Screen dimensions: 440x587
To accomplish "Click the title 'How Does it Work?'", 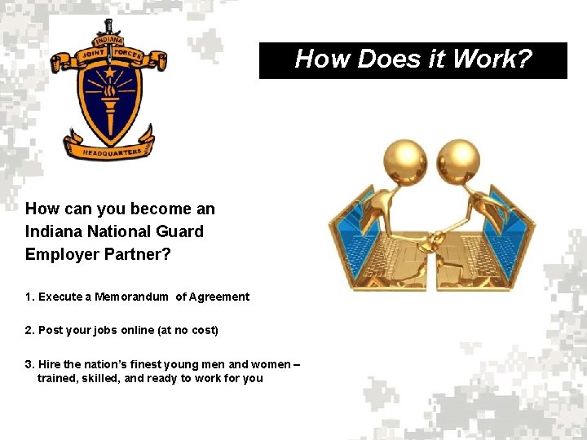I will click(413, 59).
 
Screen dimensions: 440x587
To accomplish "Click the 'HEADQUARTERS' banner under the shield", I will click(112, 152).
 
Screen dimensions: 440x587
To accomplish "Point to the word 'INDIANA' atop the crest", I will click(108, 41).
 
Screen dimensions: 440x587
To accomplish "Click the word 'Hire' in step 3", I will click(49, 363).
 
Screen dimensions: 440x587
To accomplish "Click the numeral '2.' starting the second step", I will click(30, 330).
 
